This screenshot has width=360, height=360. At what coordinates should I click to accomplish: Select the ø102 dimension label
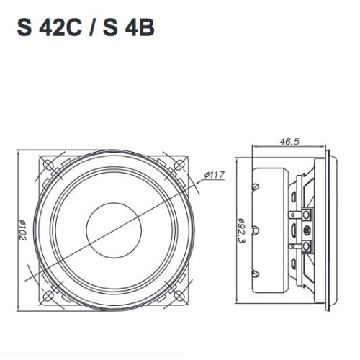(x=23, y=229)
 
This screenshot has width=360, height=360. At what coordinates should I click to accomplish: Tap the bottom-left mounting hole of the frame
(x=50, y=291)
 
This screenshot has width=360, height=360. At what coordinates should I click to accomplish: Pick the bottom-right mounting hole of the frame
(x=176, y=291)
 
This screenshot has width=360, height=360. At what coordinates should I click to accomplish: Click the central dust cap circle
(x=113, y=228)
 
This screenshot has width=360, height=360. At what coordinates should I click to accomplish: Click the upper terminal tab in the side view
(x=307, y=215)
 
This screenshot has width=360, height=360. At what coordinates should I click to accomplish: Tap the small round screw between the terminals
(x=308, y=230)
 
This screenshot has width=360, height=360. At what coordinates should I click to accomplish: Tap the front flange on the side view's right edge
(x=330, y=230)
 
